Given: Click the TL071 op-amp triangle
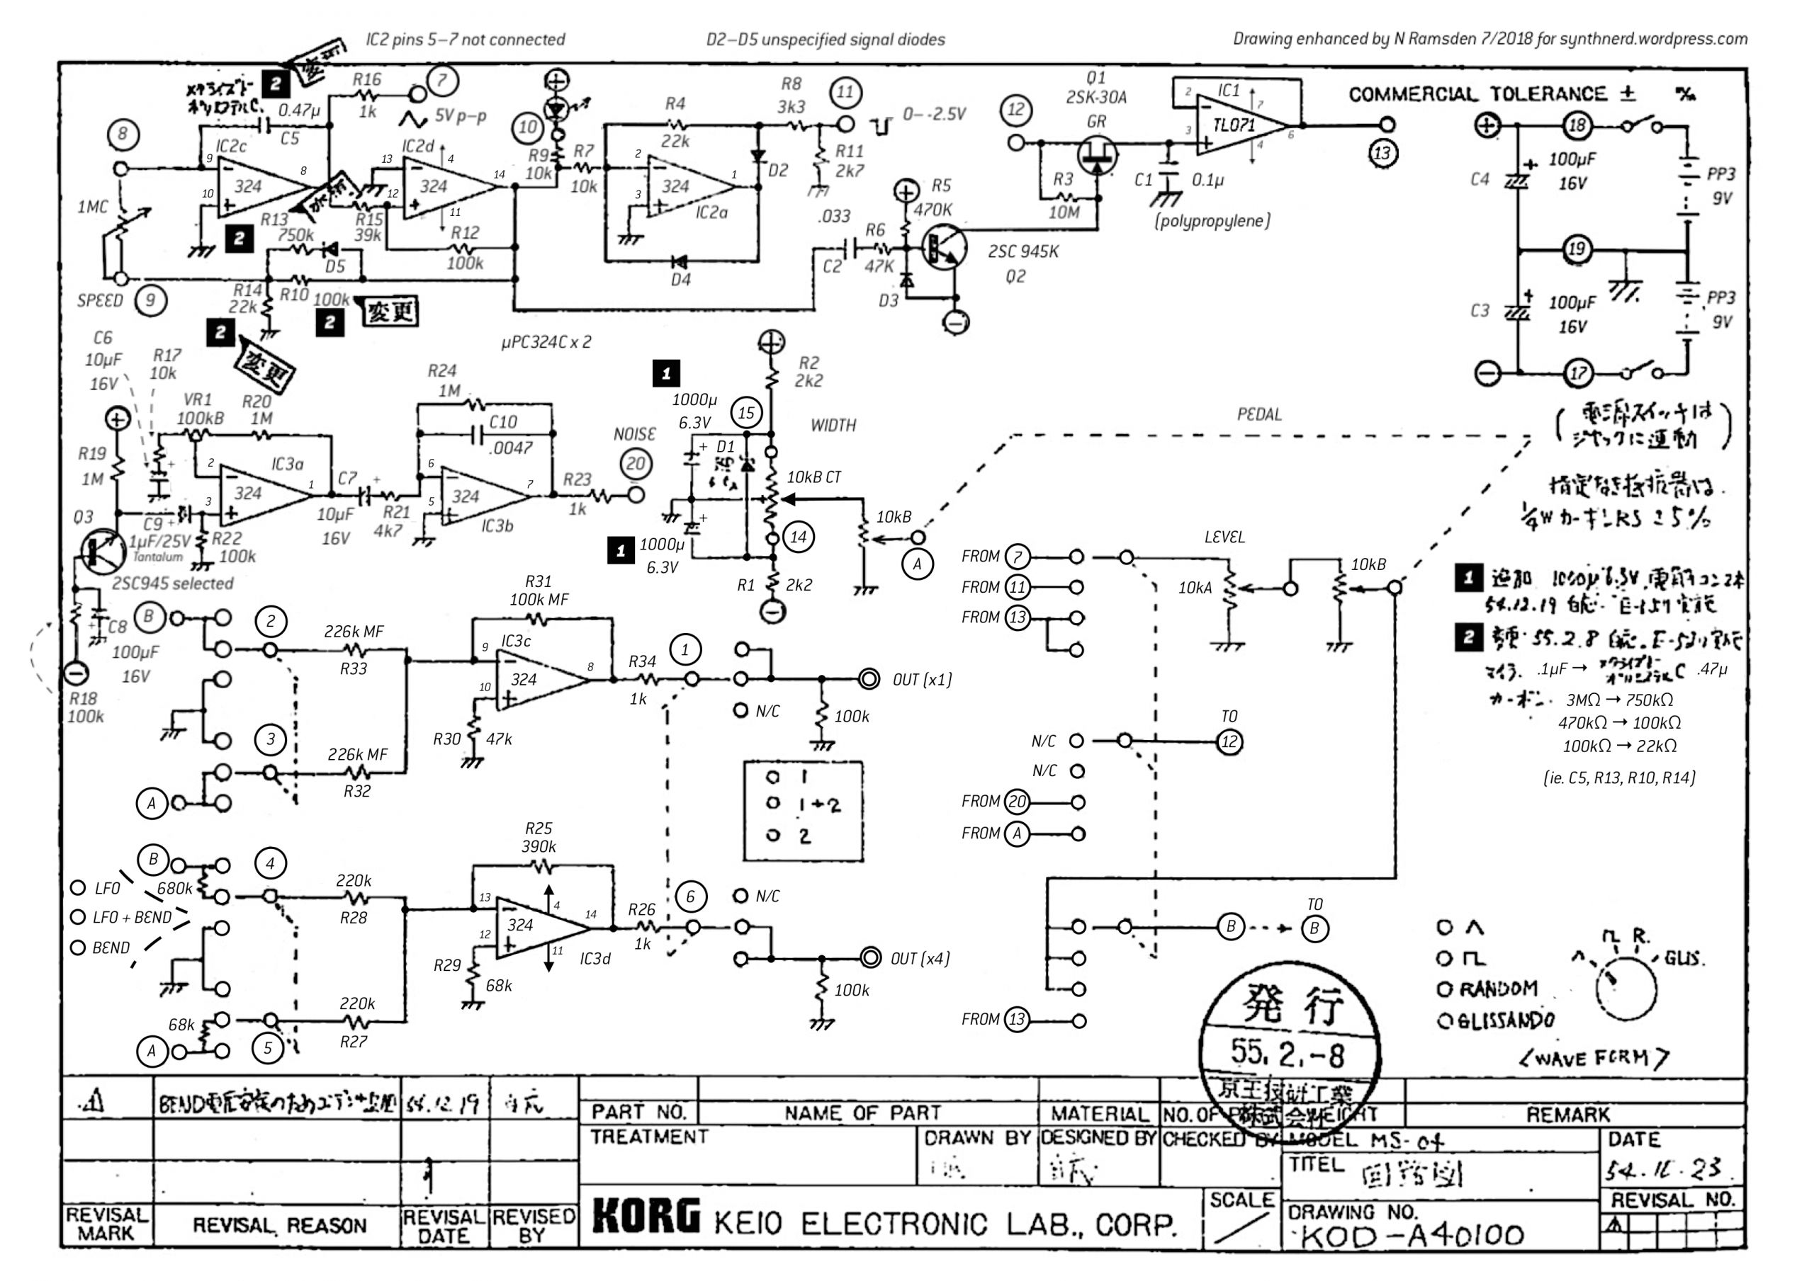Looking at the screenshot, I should [x=1241, y=125].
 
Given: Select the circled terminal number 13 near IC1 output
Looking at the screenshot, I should [x=1381, y=152].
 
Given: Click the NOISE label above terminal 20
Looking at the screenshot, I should [x=634, y=433].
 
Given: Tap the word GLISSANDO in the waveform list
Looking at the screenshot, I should [x=1505, y=1020].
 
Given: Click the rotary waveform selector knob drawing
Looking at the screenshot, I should [x=1626, y=987].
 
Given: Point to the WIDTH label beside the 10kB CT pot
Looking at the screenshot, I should [x=833, y=425].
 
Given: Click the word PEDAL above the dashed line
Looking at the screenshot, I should [x=1258, y=414].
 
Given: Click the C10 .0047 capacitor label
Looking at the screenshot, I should [x=509, y=434].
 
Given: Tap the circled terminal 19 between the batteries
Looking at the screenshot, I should [x=1576, y=249].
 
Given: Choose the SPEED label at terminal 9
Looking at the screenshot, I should [x=101, y=300].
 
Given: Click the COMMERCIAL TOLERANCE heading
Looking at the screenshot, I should [x=1477, y=94].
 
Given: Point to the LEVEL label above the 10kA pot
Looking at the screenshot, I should [x=1224, y=537].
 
